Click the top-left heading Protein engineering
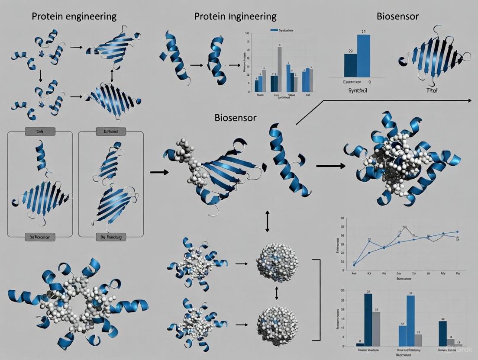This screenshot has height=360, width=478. tap(74, 17)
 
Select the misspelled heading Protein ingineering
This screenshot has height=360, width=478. tap(235, 17)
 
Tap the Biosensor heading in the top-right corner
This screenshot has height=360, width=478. tap(397, 17)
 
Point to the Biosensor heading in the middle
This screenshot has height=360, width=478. tap(236, 118)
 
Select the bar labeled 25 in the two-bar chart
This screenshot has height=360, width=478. tap(363, 55)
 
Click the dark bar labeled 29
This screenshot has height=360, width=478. tap(350, 65)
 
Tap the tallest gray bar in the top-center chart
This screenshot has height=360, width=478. tap(279, 69)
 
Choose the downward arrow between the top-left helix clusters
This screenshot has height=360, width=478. tap(40, 76)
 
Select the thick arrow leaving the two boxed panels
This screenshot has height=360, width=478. tap(156, 172)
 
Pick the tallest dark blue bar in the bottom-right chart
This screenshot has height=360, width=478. tap(368, 319)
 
